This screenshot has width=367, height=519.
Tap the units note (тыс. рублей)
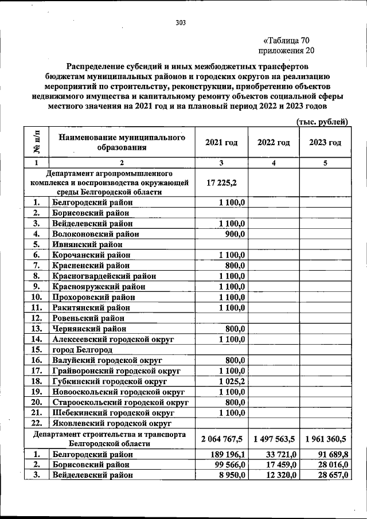coord(322,121)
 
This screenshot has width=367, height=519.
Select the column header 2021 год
coord(221,142)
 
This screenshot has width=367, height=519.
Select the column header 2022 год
coord(273,142)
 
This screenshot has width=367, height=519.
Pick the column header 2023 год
coord(325,142)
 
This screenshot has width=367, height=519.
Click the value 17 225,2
coord(222,182)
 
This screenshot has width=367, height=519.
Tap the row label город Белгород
coord(82,350)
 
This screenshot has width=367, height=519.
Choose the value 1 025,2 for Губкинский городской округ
coord(231,381)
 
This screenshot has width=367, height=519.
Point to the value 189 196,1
coord(228,454)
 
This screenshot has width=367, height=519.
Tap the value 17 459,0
coord(279,465)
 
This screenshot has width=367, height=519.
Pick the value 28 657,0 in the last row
coord(331,475)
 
